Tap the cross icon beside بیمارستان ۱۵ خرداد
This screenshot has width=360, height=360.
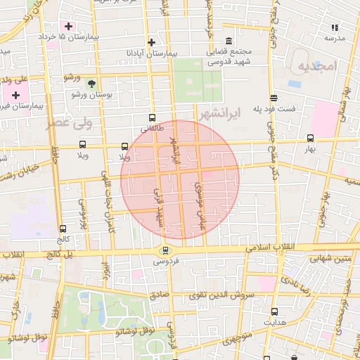tap(68, 27)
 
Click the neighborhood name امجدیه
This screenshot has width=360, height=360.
tap(318, 67)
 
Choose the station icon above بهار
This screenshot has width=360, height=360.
tap(310, 139)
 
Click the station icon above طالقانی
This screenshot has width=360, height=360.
tap(152, 118)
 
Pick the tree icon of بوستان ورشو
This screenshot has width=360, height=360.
tap(92, 84)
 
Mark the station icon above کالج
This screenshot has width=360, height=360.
tap(63, 229)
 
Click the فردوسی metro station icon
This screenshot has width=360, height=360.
tap(165, 250)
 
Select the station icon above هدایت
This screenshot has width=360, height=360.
tap(274, 311)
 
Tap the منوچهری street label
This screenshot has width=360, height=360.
tap(239, 340)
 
